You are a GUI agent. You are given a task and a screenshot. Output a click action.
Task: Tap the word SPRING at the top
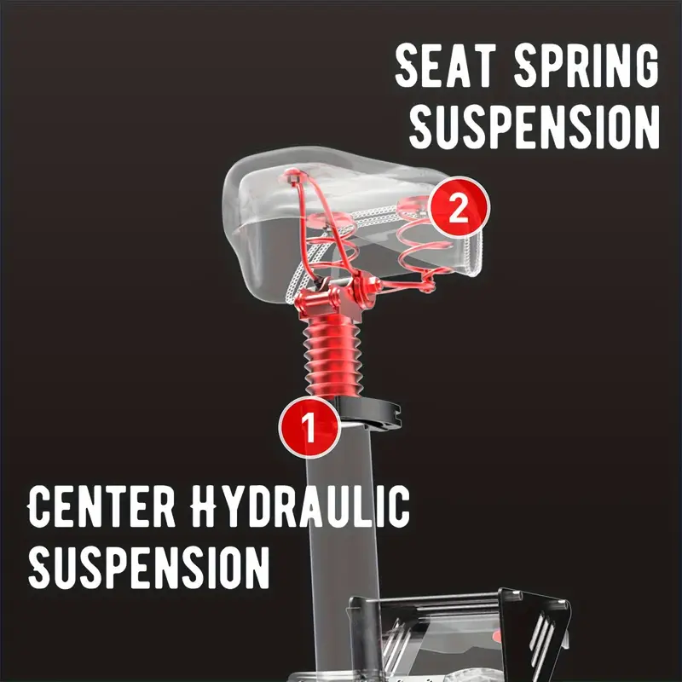coord(587,66)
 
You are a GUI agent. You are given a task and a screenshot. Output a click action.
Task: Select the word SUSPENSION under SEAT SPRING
coord(535,127)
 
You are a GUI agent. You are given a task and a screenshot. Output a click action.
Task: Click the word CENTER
coord(101,506)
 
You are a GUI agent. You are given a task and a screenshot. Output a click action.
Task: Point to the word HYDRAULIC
coord(300,506)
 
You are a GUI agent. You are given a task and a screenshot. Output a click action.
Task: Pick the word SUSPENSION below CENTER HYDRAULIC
coord(148,567)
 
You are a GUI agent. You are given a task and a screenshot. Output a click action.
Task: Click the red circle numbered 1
coord(309,427)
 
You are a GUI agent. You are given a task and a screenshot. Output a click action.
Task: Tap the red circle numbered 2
coord(459,207)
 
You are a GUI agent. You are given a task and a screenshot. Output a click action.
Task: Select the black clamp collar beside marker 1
coord(370,414)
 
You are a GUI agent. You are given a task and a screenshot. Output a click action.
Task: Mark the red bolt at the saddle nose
coord(292,176)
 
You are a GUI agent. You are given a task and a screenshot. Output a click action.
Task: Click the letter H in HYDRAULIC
coord(205,506)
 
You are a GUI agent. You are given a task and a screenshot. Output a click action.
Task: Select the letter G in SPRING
coord(644,66)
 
